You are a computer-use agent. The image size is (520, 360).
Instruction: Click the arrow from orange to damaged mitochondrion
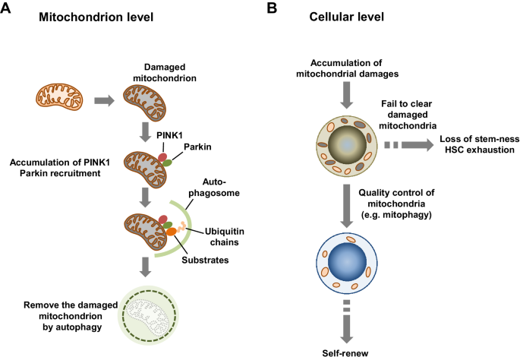(105, 99)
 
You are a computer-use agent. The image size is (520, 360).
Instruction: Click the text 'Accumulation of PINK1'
(62, 162)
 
